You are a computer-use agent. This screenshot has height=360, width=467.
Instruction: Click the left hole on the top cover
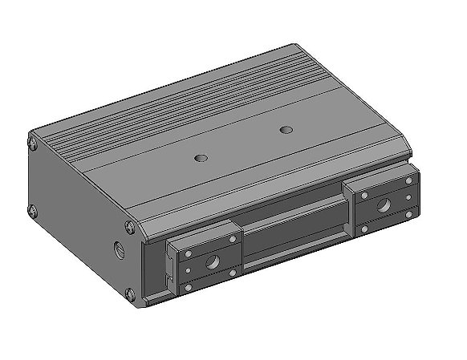coord(201,157)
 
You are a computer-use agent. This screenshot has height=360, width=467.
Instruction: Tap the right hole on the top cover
coord(285,129)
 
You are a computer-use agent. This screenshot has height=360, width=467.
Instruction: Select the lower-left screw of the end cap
coord(34,212)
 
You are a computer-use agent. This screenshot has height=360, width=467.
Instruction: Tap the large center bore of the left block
coord(213,261)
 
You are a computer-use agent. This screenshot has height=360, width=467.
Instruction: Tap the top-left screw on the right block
coord(359,195)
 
